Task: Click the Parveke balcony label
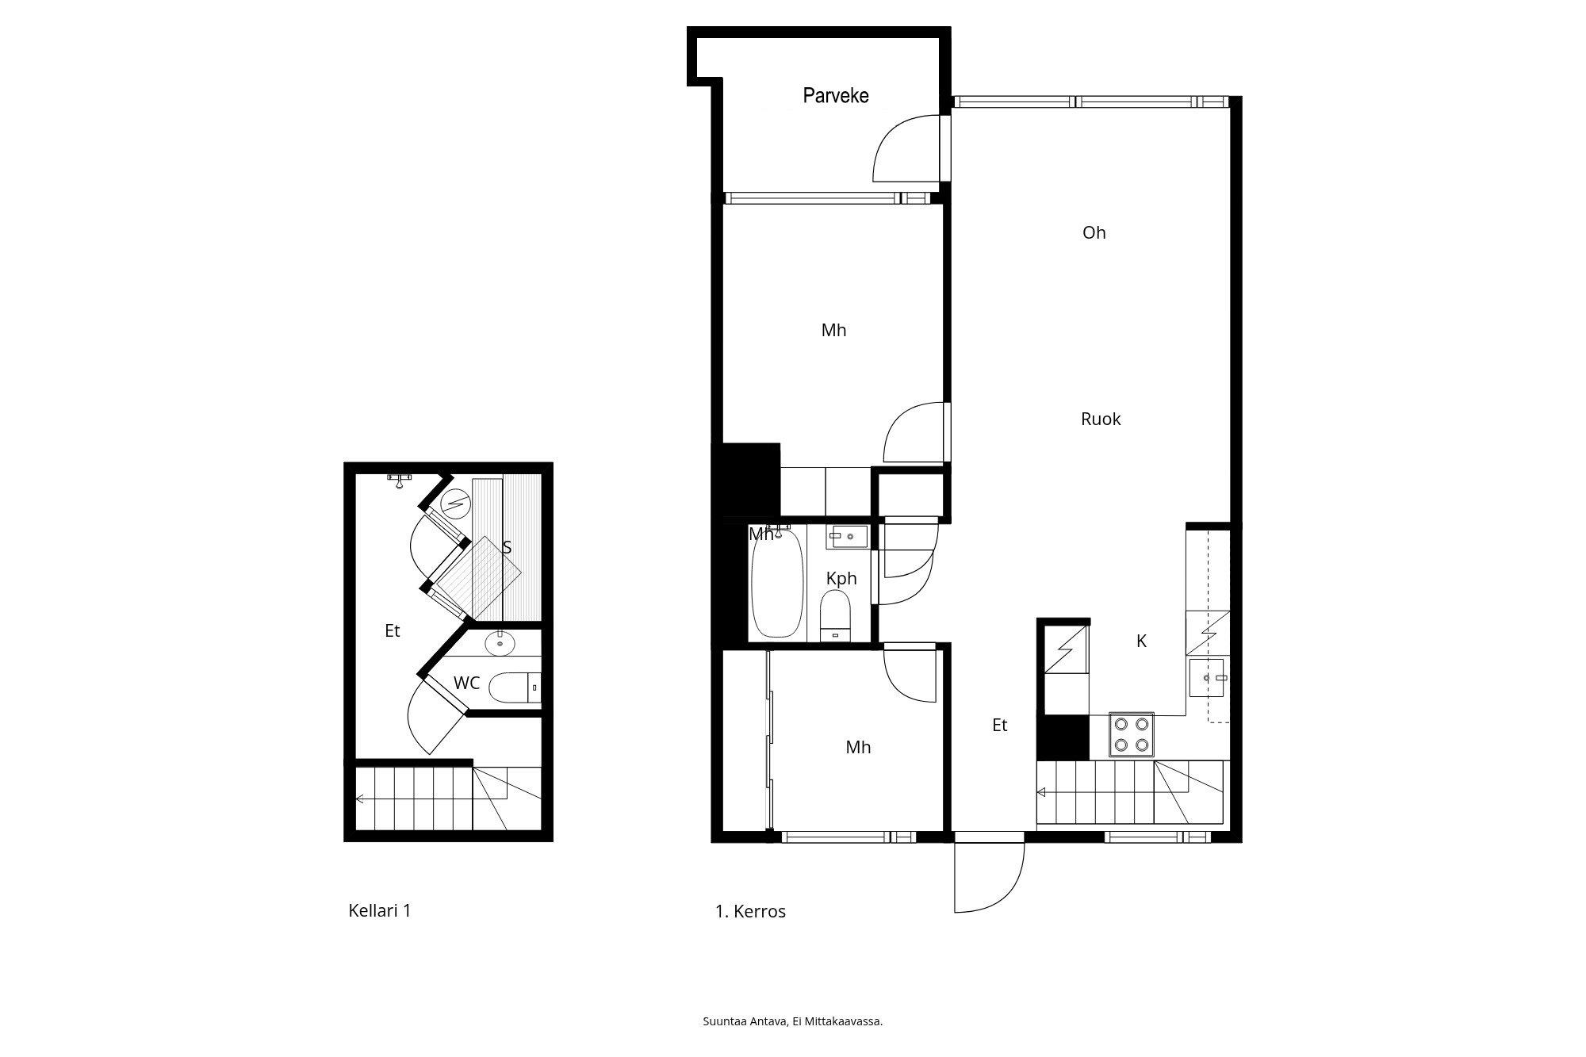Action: click(836, 96)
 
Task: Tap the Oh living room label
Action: click(1094, 232)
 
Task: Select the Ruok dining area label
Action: click(1101, 419)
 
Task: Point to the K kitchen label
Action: click(1142, 641)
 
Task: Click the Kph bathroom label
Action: click(841, 579)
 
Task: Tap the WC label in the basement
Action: click(466, 683)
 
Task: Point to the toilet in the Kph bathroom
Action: click(835, 616)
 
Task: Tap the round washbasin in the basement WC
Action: click(500, 642)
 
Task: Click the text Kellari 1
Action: click(380, 910)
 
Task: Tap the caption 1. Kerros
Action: click(750, 912)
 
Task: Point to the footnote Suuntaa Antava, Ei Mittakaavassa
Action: click(793, 1021)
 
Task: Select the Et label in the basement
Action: click(393, 631)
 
